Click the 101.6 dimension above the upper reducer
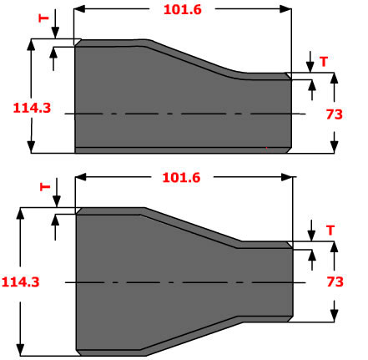click(x=184, y=9)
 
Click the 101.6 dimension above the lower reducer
click(x=184, y=177)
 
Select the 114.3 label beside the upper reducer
click(x=31, y=107)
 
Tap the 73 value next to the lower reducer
click(x=334, y=282)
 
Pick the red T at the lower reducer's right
click(x=330, y=229)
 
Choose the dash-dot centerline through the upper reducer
click(x=184, y=113)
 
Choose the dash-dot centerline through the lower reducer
click(x=184, y=281)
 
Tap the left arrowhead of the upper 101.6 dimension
click(x=80, y=9)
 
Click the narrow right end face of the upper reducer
click(x=291, y=113)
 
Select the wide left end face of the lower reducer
click(x=77, y=281)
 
